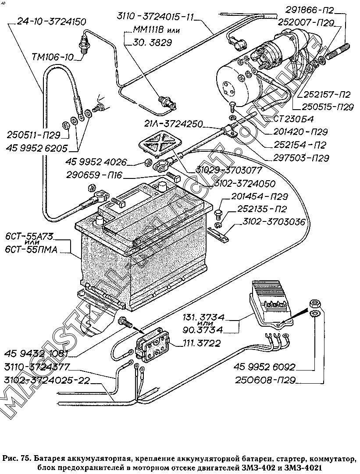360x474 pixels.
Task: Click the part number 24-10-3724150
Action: (x=51, y=22)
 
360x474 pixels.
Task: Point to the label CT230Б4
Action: (x=293, y=118)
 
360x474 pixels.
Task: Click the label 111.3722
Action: (x=202, y=343)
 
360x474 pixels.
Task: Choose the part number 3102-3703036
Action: (x=274, y=222)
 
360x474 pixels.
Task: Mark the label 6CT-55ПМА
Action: (x=31, y=250)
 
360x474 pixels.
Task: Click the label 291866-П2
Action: (x=308, y=11)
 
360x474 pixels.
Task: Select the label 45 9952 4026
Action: (x=96, y=162)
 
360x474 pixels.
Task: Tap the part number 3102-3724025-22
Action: (x=47, y=380)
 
